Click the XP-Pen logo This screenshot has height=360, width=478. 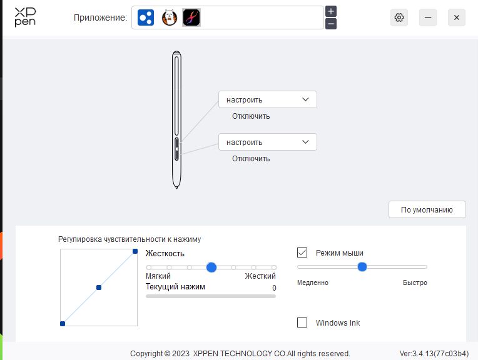[x=25, y=17]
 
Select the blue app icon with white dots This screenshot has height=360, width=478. [x=146, y=17]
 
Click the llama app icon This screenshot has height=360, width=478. [x=169, y=17]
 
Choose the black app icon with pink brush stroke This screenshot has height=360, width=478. [x=191, y=17]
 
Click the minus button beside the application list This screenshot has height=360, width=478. [x=331, y=24]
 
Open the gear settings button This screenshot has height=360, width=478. [x=399, y=17]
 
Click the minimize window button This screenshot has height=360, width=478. [x=428, y=17]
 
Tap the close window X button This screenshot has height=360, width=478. [x=456, y=17]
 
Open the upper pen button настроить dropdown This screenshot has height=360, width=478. [x=268, y=99]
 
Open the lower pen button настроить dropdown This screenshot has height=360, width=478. [x=268, y=142]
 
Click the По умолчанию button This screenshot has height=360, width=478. [x=427, y=209]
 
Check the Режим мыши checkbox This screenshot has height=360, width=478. [x=302, y=252]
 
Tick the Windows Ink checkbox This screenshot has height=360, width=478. [x=302, y=322]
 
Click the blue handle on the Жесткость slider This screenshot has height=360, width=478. [x=211, y=267]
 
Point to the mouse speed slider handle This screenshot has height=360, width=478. [x=362, y=267]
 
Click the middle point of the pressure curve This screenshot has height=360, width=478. [x=99, y=287]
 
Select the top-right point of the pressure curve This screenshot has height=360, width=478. [x=135, y=251]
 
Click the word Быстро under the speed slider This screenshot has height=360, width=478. [x=415, y=282]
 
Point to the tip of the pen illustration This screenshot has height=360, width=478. [x=176, y=188]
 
